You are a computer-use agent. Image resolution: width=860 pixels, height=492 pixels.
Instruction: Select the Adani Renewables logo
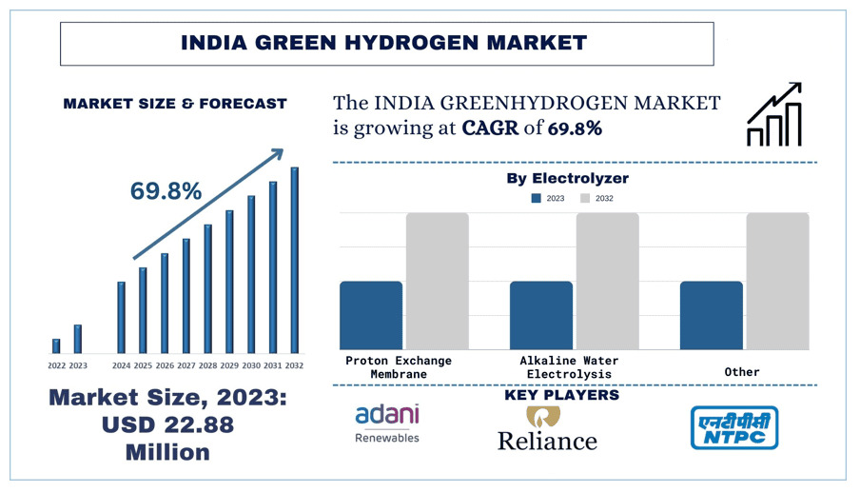[386, 423]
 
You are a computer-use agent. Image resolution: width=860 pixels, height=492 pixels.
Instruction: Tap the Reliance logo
[547, 429]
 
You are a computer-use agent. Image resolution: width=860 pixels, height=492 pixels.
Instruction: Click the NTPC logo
[733, 427]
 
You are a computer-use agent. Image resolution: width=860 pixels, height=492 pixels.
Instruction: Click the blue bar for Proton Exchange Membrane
[371, 315]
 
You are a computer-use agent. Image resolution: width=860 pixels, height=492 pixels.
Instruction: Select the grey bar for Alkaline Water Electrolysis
[607, 281]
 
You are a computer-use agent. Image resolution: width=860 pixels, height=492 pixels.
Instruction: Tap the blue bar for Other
[711, 315]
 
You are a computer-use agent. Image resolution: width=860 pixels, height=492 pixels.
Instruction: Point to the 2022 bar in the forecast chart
[56, 345]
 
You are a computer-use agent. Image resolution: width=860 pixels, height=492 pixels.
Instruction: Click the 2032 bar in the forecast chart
[294, 260]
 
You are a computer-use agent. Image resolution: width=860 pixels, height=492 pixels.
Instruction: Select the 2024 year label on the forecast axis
[121, 365]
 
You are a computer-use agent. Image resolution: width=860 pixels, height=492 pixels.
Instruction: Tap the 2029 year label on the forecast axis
[229, 365]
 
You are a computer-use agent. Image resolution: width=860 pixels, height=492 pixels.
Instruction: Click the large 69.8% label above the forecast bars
[166, 191]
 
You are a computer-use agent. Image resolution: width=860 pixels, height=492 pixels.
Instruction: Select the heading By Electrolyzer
[567, 178]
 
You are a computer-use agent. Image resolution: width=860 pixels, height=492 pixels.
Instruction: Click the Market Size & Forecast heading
[175, 104]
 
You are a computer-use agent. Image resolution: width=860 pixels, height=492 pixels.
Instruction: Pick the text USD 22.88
[167, 424]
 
